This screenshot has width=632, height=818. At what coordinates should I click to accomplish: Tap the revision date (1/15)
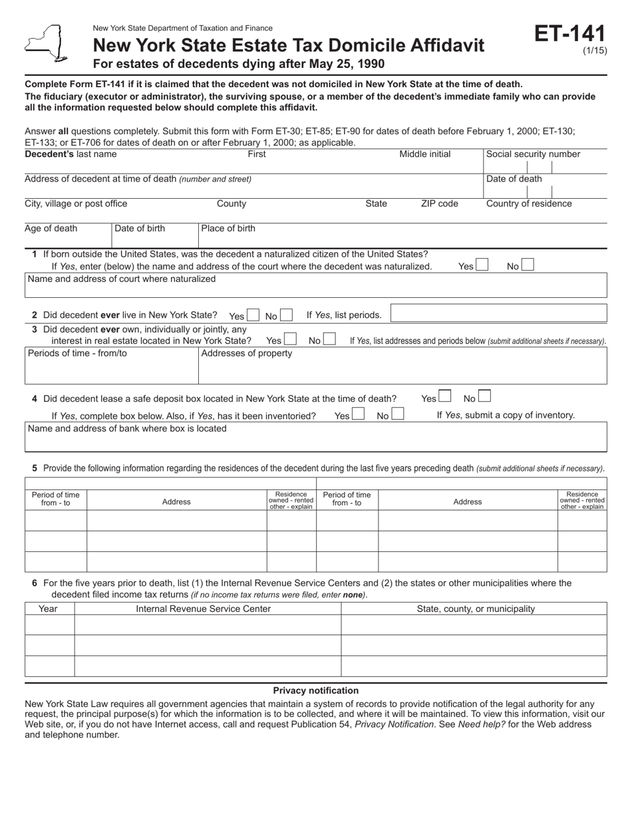pyautogui.click(x=595, y=51)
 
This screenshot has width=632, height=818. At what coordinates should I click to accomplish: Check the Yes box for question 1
pyautogui.click(x=482, y=265)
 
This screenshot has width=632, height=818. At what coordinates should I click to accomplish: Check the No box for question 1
pyautogui.click(x=527, y=265)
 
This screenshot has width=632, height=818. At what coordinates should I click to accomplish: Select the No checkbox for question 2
pyautogui.click(x=285, y=315)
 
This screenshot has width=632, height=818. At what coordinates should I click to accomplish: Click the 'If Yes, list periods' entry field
pyautogui.click(x=498, y=313)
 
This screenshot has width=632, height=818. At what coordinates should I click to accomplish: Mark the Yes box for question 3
pyautogui.click(x=290, y=340)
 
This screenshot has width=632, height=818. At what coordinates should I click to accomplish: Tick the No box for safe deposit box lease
pyautogui.click(x=484, y=398)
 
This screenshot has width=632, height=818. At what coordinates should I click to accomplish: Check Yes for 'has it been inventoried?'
pyautogui.click(x=358, y=415)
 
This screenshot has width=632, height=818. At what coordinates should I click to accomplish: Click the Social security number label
pyautogui.click(x=533, y=154)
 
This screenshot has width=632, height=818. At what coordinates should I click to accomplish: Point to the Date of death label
pyautogui.click(x=514, y=179)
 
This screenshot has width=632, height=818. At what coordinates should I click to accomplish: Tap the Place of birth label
pyautogui.click(x=228, y=229)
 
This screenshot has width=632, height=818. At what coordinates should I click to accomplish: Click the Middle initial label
pyautogui.click(x=424, y=154)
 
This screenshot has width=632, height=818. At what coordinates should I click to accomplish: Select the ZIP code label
pyautogui.click(x=439, y=204)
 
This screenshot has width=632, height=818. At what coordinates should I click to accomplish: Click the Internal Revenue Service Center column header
pyautogui.click(x=204, y=609)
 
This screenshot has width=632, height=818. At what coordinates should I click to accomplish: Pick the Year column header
pyautogui.click(x=48, y=609)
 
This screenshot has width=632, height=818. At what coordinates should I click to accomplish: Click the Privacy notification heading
pyautogui.click(x=315, y=690)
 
